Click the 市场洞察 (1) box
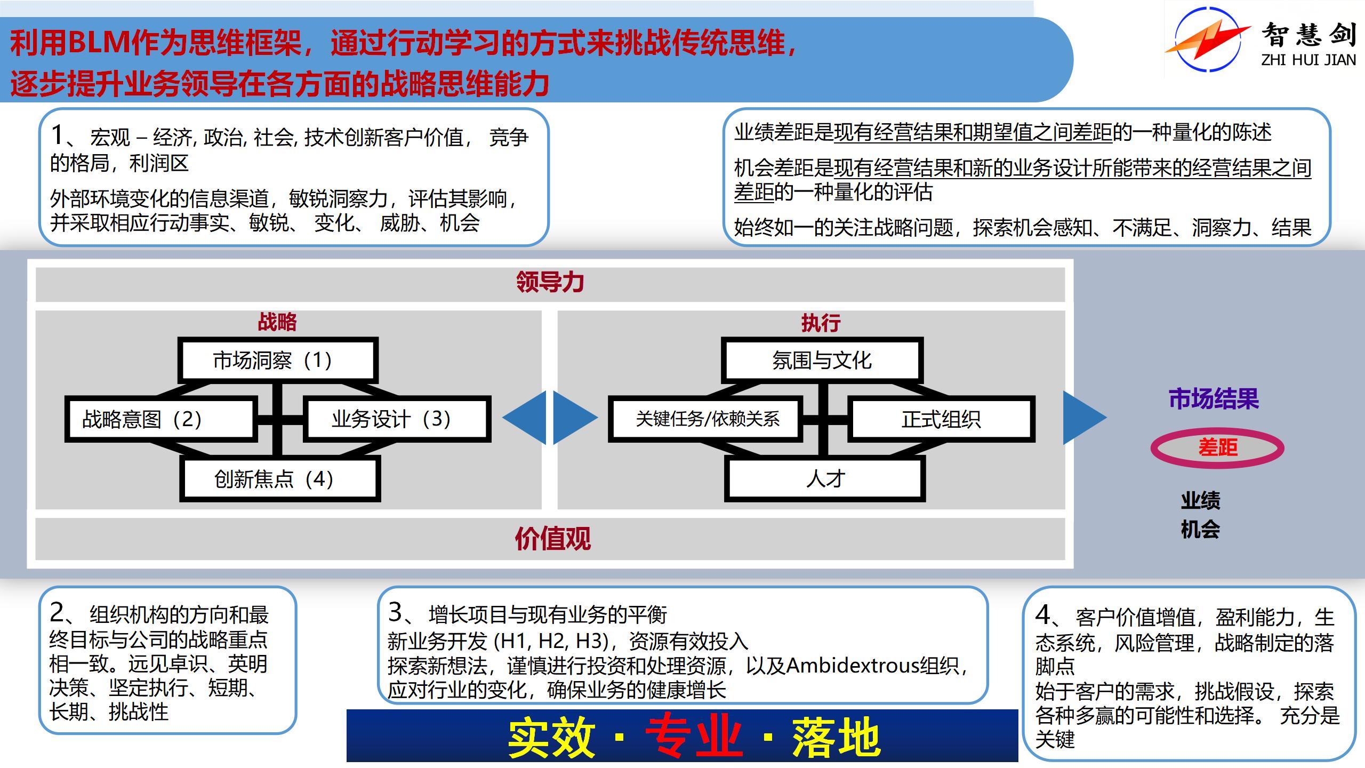278,360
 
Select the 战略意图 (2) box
160,419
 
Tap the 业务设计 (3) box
396,419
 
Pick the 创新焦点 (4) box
280,479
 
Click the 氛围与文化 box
822,360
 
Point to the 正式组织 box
941,419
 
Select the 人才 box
825,479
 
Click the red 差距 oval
1217,447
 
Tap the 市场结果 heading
1214,399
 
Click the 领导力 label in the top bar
550,282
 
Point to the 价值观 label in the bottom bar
552,539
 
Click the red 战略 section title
277,322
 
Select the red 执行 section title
821,323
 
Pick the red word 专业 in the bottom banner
694,738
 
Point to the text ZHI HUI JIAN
1308,60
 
